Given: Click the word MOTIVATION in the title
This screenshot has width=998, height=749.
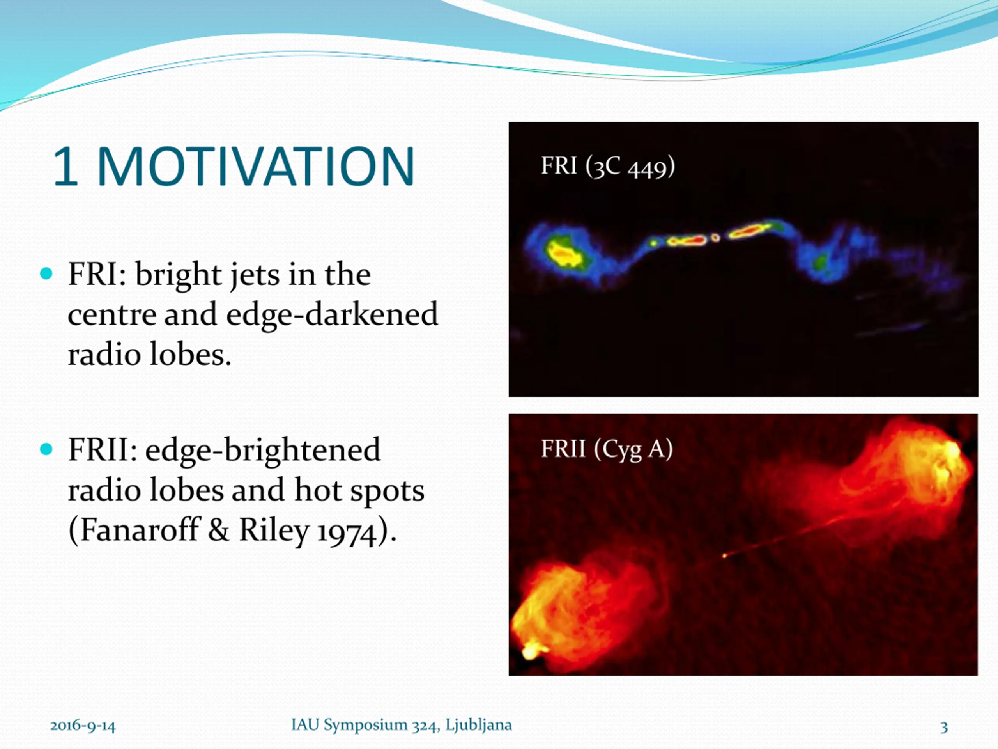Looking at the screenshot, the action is pyautogui.click(x=256, y=166).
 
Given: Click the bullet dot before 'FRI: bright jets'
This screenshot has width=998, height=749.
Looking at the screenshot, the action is pyautogui.click(x=46, y=273).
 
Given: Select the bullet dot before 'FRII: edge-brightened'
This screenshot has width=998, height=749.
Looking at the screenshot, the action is pyautogui.click(x=46, y=449).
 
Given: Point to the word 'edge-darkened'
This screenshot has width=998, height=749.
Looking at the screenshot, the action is pyautogui.click(x=332, y=314).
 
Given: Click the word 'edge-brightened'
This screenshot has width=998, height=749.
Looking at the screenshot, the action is pyautogui.click(x=263, y=450).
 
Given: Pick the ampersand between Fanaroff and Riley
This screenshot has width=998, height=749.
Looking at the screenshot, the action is pyautogui.click(x=219, y=530).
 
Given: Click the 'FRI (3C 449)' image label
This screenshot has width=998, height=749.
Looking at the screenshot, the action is pyautogui.click(x=608, y=166).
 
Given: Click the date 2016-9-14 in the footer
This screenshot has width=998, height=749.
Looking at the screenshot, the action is pyautogui.click(x=83, y=726).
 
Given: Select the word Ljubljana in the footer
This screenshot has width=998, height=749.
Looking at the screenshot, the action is pyautogui.click(x=479, y=725).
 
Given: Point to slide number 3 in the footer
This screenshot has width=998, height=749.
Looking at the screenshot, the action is pyautogui.click(x=944, y=727).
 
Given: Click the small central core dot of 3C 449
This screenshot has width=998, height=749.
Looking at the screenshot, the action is pyautogui.click(x=715, y=237).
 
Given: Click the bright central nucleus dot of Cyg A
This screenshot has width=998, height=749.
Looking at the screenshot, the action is pyautogui.click(x=725, y=556).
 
